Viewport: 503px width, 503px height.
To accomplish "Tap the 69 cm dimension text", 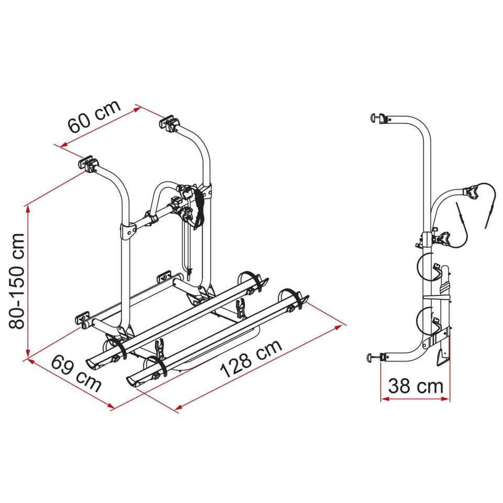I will [76, 373].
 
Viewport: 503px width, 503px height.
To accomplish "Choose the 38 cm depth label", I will [415, 387].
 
